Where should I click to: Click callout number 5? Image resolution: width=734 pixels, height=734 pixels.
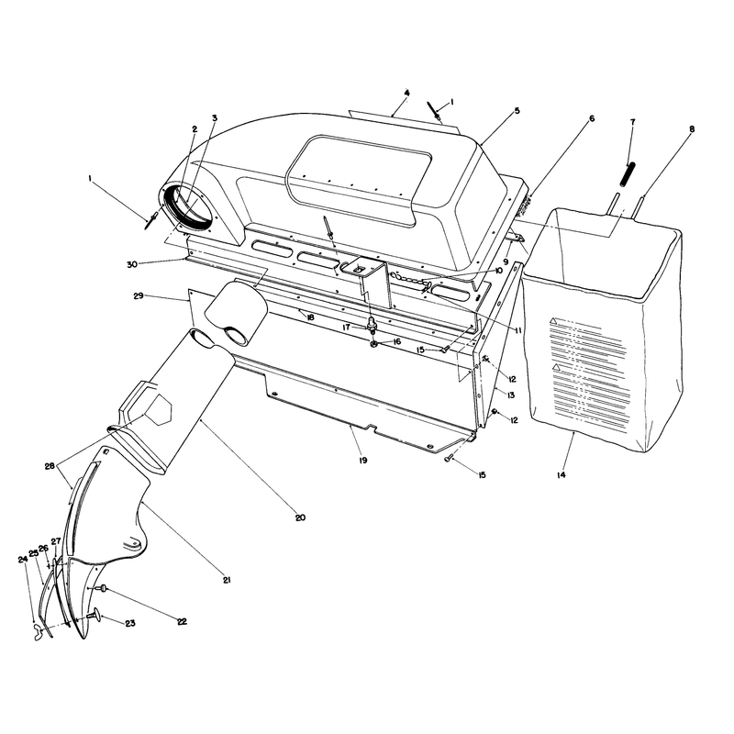point(517,111)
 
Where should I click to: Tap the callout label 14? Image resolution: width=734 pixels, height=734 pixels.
point(562,474)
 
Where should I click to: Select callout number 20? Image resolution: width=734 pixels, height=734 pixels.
point(300,517)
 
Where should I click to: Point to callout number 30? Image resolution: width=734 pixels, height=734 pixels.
point(131,264)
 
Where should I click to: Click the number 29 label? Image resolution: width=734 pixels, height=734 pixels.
point(139,295)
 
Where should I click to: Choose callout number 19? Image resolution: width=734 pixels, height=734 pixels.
point(363,461)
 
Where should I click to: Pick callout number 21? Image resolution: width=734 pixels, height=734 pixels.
point(227,580)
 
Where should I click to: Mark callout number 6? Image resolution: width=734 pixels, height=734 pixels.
point(592,119)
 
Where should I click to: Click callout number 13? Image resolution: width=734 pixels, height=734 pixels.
point(511,395)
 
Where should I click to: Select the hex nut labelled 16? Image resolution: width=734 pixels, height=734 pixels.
point(373,345)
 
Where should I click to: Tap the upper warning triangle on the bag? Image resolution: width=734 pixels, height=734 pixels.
point(553,321)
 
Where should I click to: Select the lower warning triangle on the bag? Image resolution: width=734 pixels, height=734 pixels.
point(556,367)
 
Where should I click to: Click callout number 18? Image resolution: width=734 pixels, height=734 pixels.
point(310,317)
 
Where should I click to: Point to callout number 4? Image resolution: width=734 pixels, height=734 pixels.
point(406,94)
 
